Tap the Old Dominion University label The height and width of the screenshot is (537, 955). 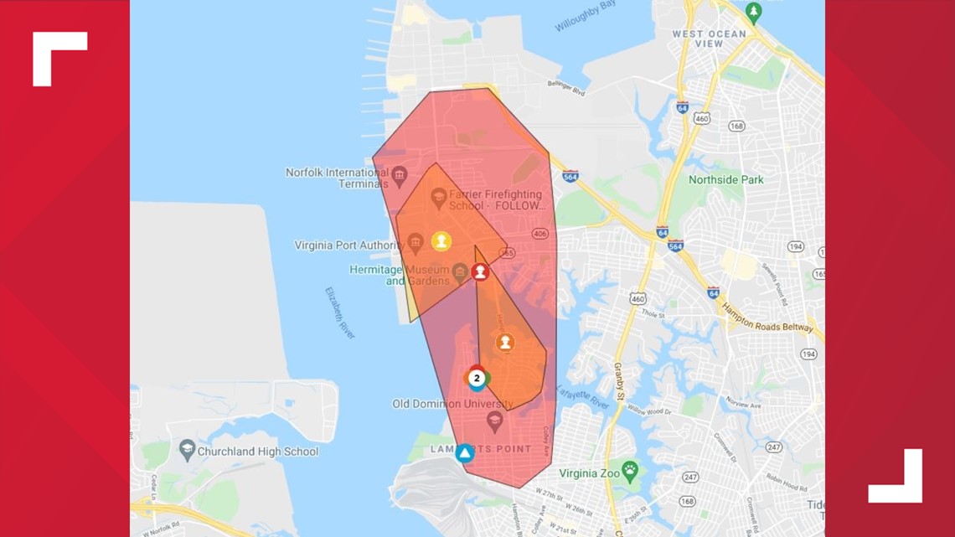pyautogui.click(x=453, y=404)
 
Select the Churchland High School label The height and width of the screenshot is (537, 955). pyautogui.click(x=257, y=452)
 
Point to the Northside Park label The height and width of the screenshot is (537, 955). pyautogui.click(x=725, y=179)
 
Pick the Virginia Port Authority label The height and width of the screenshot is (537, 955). pyautogui.click(x=348, y=245)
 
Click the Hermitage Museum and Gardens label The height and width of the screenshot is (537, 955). pyautogui.click(x=399, y=275)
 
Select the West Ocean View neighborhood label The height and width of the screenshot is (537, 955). pyautogui.click(x=709, y=39)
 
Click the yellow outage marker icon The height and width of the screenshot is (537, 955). pyautogui.click(x=441, y=241)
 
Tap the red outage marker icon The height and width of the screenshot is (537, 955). pyautogui.click(x=480, y=271)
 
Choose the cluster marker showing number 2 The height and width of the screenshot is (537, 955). pyautogui.click(x=477, y=378)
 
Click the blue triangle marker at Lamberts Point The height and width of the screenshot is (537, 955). pyautogui.click(x=464, y=453)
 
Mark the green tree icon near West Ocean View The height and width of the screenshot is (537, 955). pyautogui.click(x=753, y=12)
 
